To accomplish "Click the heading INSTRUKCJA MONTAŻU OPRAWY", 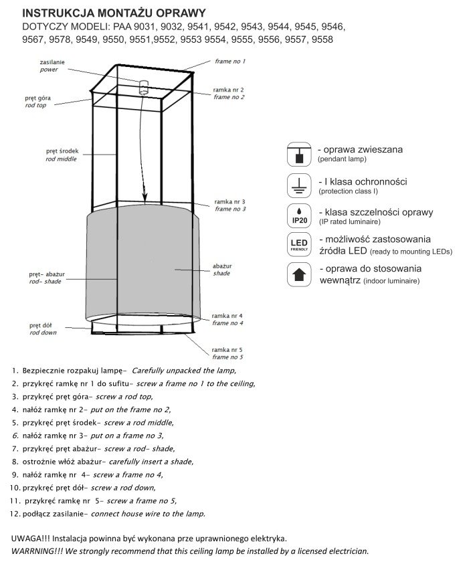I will coord(123,13).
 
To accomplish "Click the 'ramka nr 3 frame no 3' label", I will coord(230,205).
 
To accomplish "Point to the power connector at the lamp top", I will coord(142,86).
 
